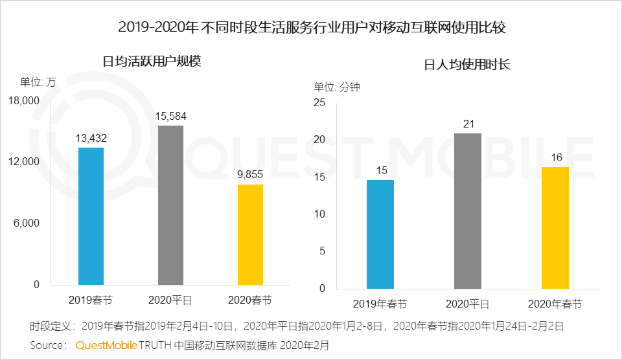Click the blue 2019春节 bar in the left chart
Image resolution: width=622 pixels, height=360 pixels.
tap(91, 216)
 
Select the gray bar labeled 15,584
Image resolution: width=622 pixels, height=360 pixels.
tap(170, 205)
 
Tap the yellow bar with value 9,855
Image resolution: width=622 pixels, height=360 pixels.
tap(250, 234)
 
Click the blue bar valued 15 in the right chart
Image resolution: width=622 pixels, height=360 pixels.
tap(380, 234)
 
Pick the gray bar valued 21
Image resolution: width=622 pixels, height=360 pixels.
tap(467, 210)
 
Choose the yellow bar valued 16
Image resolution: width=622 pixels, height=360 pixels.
tap(555, 227)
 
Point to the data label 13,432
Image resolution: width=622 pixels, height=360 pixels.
tap(91, 138)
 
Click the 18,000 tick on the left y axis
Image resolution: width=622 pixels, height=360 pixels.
tap(24, 100)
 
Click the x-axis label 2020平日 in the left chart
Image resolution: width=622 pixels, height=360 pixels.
tap(170, 300)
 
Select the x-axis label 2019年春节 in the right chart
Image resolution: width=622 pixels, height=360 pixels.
tap(380, 304)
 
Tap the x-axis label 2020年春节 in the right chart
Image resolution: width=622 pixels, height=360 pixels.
tap(555, 304)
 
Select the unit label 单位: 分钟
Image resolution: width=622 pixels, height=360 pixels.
tap(337, 87)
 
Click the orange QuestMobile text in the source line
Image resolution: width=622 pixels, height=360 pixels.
tap(106, 345)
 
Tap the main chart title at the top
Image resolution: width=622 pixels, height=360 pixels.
tap(311, 28)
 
